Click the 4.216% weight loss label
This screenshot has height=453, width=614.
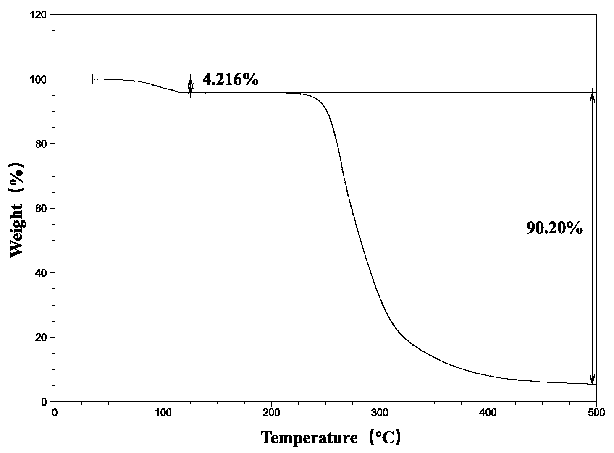coord(230,79)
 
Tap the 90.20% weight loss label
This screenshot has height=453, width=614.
coord(554,228)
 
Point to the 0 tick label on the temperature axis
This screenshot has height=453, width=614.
coord(55,413)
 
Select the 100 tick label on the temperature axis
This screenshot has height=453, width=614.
coord(163,413)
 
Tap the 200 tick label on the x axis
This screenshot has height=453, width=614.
coord(271,413)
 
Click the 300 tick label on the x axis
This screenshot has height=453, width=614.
coord(380,413)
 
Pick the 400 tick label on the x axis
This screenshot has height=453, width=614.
coord(488,413)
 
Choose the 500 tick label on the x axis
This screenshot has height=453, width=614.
coord(596,413)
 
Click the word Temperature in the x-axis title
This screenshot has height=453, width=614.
coord(309,438)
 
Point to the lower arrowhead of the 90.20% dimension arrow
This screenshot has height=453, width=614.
coord(592,379)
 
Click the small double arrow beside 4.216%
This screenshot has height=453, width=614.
coord(191,86)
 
